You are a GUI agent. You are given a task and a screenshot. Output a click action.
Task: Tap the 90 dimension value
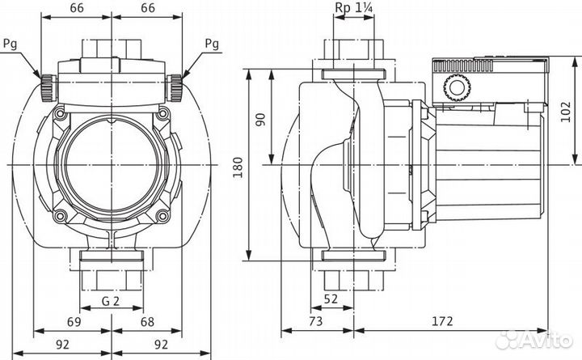[x=259, y=119]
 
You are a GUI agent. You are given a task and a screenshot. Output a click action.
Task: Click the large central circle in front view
[x=112, y=166]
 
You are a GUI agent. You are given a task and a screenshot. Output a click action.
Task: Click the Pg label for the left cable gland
[x=10, y=42]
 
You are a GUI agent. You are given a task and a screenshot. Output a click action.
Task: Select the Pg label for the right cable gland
[x=213, y=42]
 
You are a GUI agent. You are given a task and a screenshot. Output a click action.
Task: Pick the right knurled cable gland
[x=176, y=83]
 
